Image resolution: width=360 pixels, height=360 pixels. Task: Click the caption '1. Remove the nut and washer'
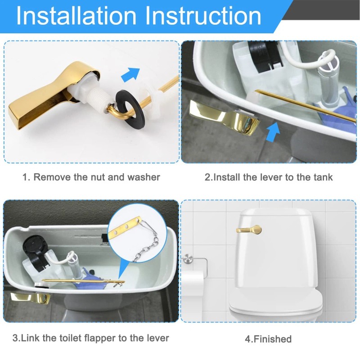(91, 177)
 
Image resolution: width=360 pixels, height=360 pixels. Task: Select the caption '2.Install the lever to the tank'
(269, 177)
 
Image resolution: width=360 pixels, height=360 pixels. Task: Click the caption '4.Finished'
(268, 339)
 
